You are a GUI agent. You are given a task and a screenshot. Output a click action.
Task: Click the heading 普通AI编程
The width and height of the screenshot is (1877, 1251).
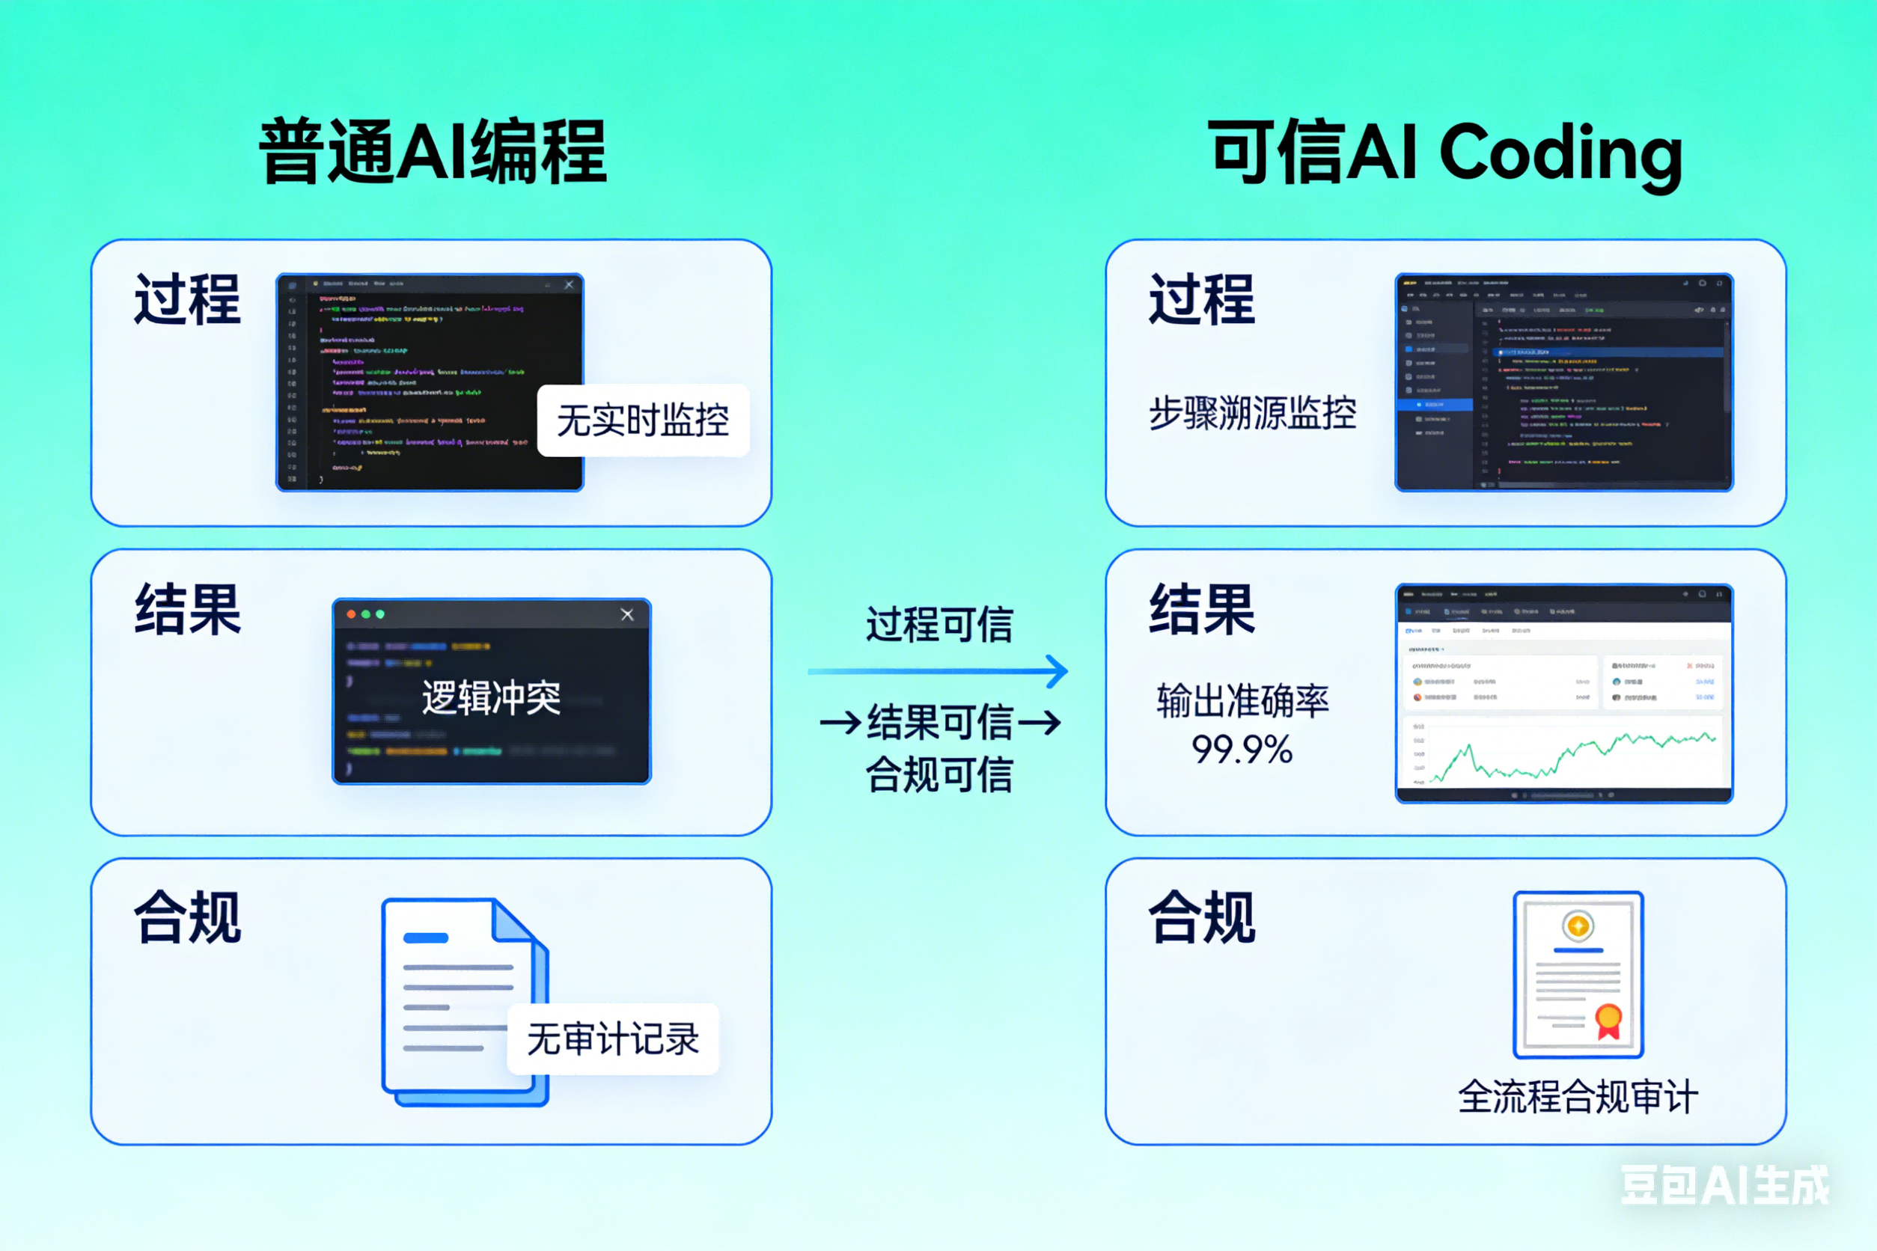point(433,152)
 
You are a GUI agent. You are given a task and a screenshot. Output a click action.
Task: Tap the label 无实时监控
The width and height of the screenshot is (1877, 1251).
point(642,420)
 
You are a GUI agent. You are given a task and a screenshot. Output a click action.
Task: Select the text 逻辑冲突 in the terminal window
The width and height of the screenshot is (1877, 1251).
point(491,697)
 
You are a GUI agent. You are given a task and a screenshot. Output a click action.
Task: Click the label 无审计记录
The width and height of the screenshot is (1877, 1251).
point(612,1039)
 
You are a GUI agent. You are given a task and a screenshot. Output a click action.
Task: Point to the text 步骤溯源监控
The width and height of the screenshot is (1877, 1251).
point(1252,413)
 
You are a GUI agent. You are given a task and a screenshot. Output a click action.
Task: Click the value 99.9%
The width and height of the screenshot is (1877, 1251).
point(1242,749)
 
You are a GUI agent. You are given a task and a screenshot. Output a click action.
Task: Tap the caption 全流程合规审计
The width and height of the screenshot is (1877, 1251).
point(1577,1096)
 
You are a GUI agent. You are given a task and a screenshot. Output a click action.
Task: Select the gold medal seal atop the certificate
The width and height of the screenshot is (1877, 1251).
point(1578,926)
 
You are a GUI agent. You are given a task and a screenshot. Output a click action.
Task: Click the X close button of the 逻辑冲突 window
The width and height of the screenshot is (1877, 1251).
point(627,614)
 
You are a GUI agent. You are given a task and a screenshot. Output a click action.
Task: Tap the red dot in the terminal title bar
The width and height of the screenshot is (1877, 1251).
point(351,614)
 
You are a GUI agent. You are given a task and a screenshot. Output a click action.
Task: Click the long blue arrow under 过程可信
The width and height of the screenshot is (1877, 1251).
point(938,672)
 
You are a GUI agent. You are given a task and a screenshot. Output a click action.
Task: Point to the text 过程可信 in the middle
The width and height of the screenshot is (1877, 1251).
point(939,624)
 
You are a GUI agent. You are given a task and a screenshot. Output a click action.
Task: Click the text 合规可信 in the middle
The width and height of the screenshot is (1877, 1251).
point(939,774)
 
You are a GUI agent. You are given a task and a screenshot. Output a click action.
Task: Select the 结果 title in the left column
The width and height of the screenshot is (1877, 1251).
point(188,610)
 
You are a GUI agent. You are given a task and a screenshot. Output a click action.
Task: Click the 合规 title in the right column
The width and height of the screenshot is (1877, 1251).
point(1201,917)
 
